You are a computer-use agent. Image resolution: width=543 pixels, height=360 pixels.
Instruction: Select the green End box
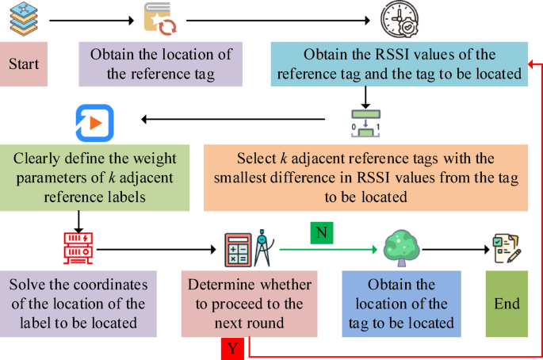coord(507,303)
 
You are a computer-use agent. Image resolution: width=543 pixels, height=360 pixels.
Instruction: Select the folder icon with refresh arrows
coord(161,18)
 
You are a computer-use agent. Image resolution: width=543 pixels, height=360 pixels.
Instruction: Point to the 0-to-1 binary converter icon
coord(365,123)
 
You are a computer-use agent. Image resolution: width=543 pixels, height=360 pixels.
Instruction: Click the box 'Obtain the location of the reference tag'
coord(159,63)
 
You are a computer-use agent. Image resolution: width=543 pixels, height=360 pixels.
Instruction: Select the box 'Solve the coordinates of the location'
coord(78,304)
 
